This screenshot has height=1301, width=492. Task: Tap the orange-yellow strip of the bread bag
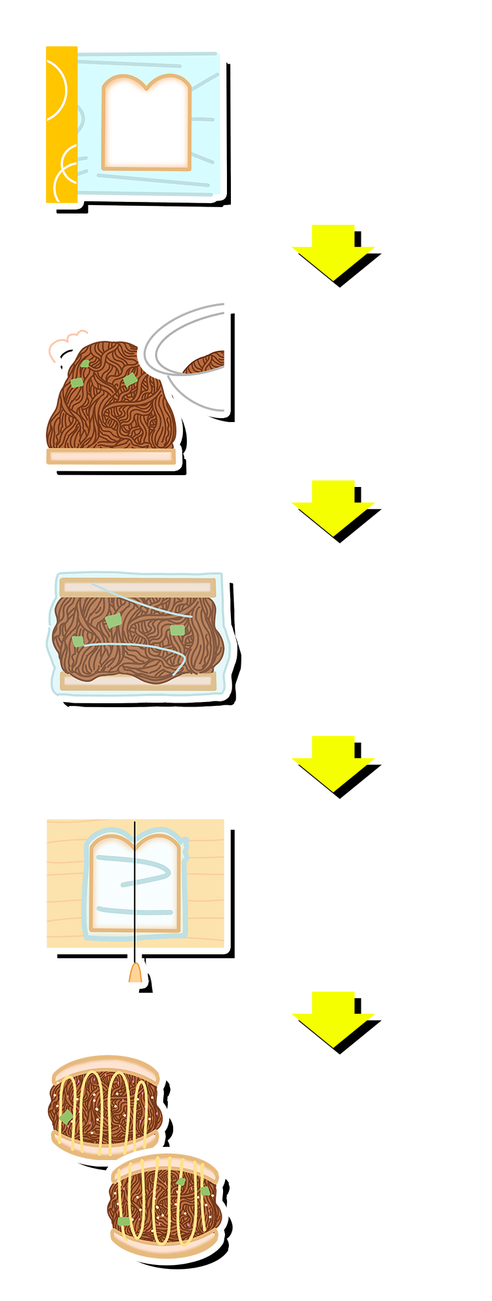(62, 125)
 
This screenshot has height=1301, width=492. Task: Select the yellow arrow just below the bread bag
(334, 252)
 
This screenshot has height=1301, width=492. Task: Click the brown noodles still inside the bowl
(206, 362)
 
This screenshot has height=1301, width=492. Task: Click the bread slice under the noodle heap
(111, 456)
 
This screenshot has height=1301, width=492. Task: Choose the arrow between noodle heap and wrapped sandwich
(334, 507)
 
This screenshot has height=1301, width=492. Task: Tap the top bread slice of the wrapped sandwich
(137, 587)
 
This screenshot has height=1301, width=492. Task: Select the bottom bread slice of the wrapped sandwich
(137, 680)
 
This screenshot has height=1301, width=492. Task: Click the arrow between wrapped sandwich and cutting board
(334, 763)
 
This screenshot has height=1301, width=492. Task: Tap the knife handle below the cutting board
(135, 973)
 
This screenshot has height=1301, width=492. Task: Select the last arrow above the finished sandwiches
(334, 1019)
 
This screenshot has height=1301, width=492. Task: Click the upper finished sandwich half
(105, 1108)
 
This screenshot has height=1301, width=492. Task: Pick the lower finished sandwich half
(164, 1206)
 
